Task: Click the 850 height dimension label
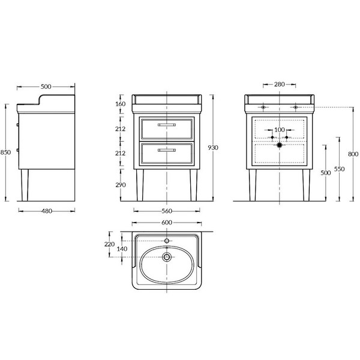pyautogui.click(x=5, y=152)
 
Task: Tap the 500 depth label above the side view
pyautogui.click(x=46, y=86)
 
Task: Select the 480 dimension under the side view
pyautogui.click(x=47, y=211)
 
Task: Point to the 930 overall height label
pyautogui.click(x=213, y=148)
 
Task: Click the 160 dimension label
pyautogui.click(x=121, y=104)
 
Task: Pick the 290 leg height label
pyautogui.click(x=121, y=185)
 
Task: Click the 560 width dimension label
pyautogui.click(x=167, y=211)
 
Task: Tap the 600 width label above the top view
pyautogui.click(x=167, y=223)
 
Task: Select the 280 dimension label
pyautogui.click(x=280, y=84)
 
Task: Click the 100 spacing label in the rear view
pyautogui.click(x=280, y=130)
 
